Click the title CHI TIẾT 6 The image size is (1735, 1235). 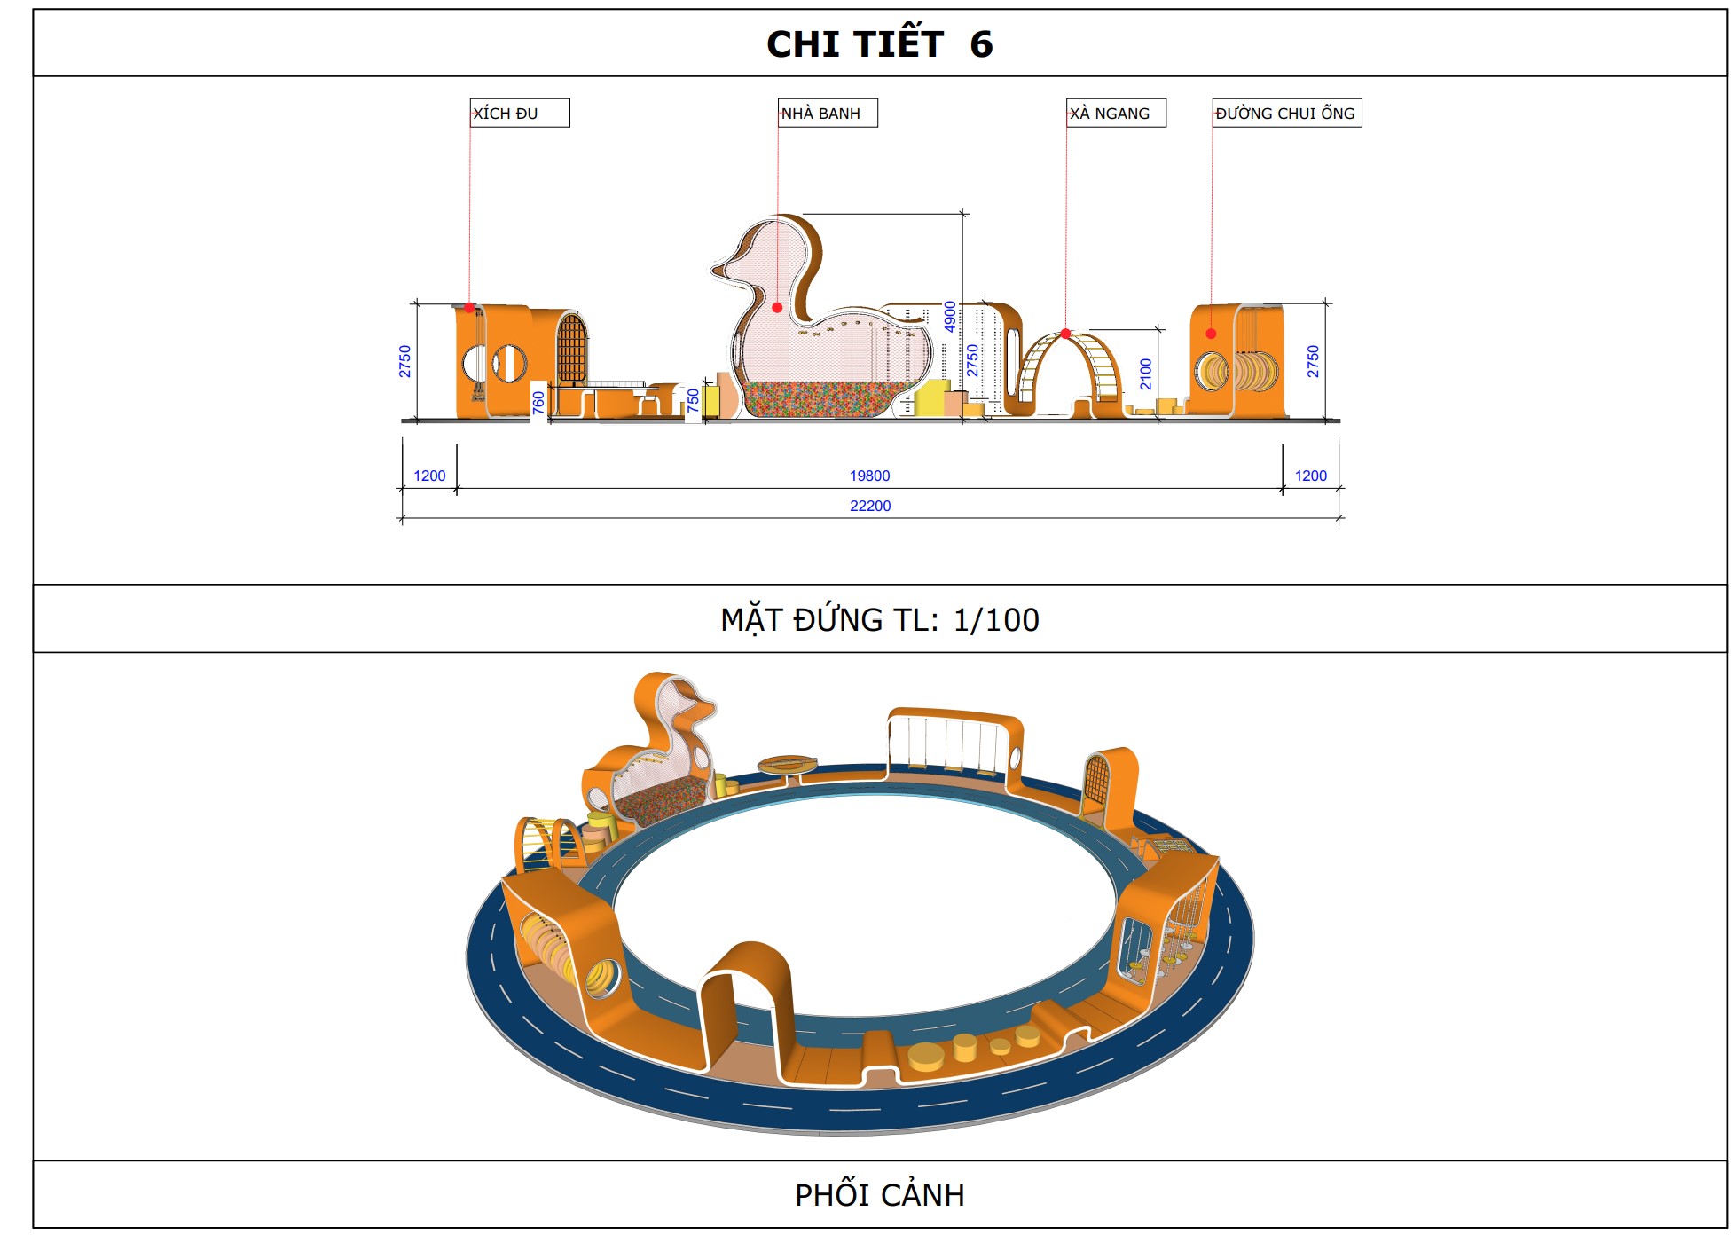tap(879, 44)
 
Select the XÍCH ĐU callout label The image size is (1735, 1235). tap(520, 113)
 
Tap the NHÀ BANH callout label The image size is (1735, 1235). tap(828, 113)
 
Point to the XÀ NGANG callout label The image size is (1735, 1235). tap(1116, 113)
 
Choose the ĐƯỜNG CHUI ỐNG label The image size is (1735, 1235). tap(1286, 113)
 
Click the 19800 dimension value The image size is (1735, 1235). tap(869, 476)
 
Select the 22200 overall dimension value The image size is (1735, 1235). tap(870, 506)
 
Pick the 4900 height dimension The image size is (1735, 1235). tap(950, 317)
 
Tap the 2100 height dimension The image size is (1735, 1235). tap(1146, 374)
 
